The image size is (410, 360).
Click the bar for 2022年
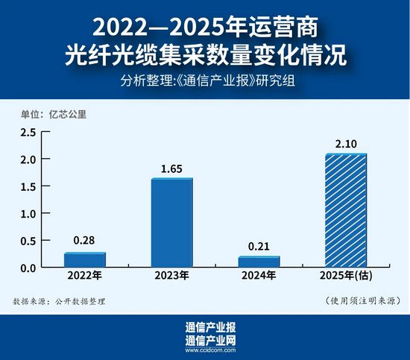pyautogui.click(x=84, y=259)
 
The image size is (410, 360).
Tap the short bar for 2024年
pyautogui.click(x=259, y=262)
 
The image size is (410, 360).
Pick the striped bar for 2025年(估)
pyautogui.click(x=346, y=210)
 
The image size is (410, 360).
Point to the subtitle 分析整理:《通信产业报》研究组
pyautogui.click(x=205, y=81)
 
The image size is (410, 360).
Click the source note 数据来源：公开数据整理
pyautogui.click(x=60, y=302)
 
